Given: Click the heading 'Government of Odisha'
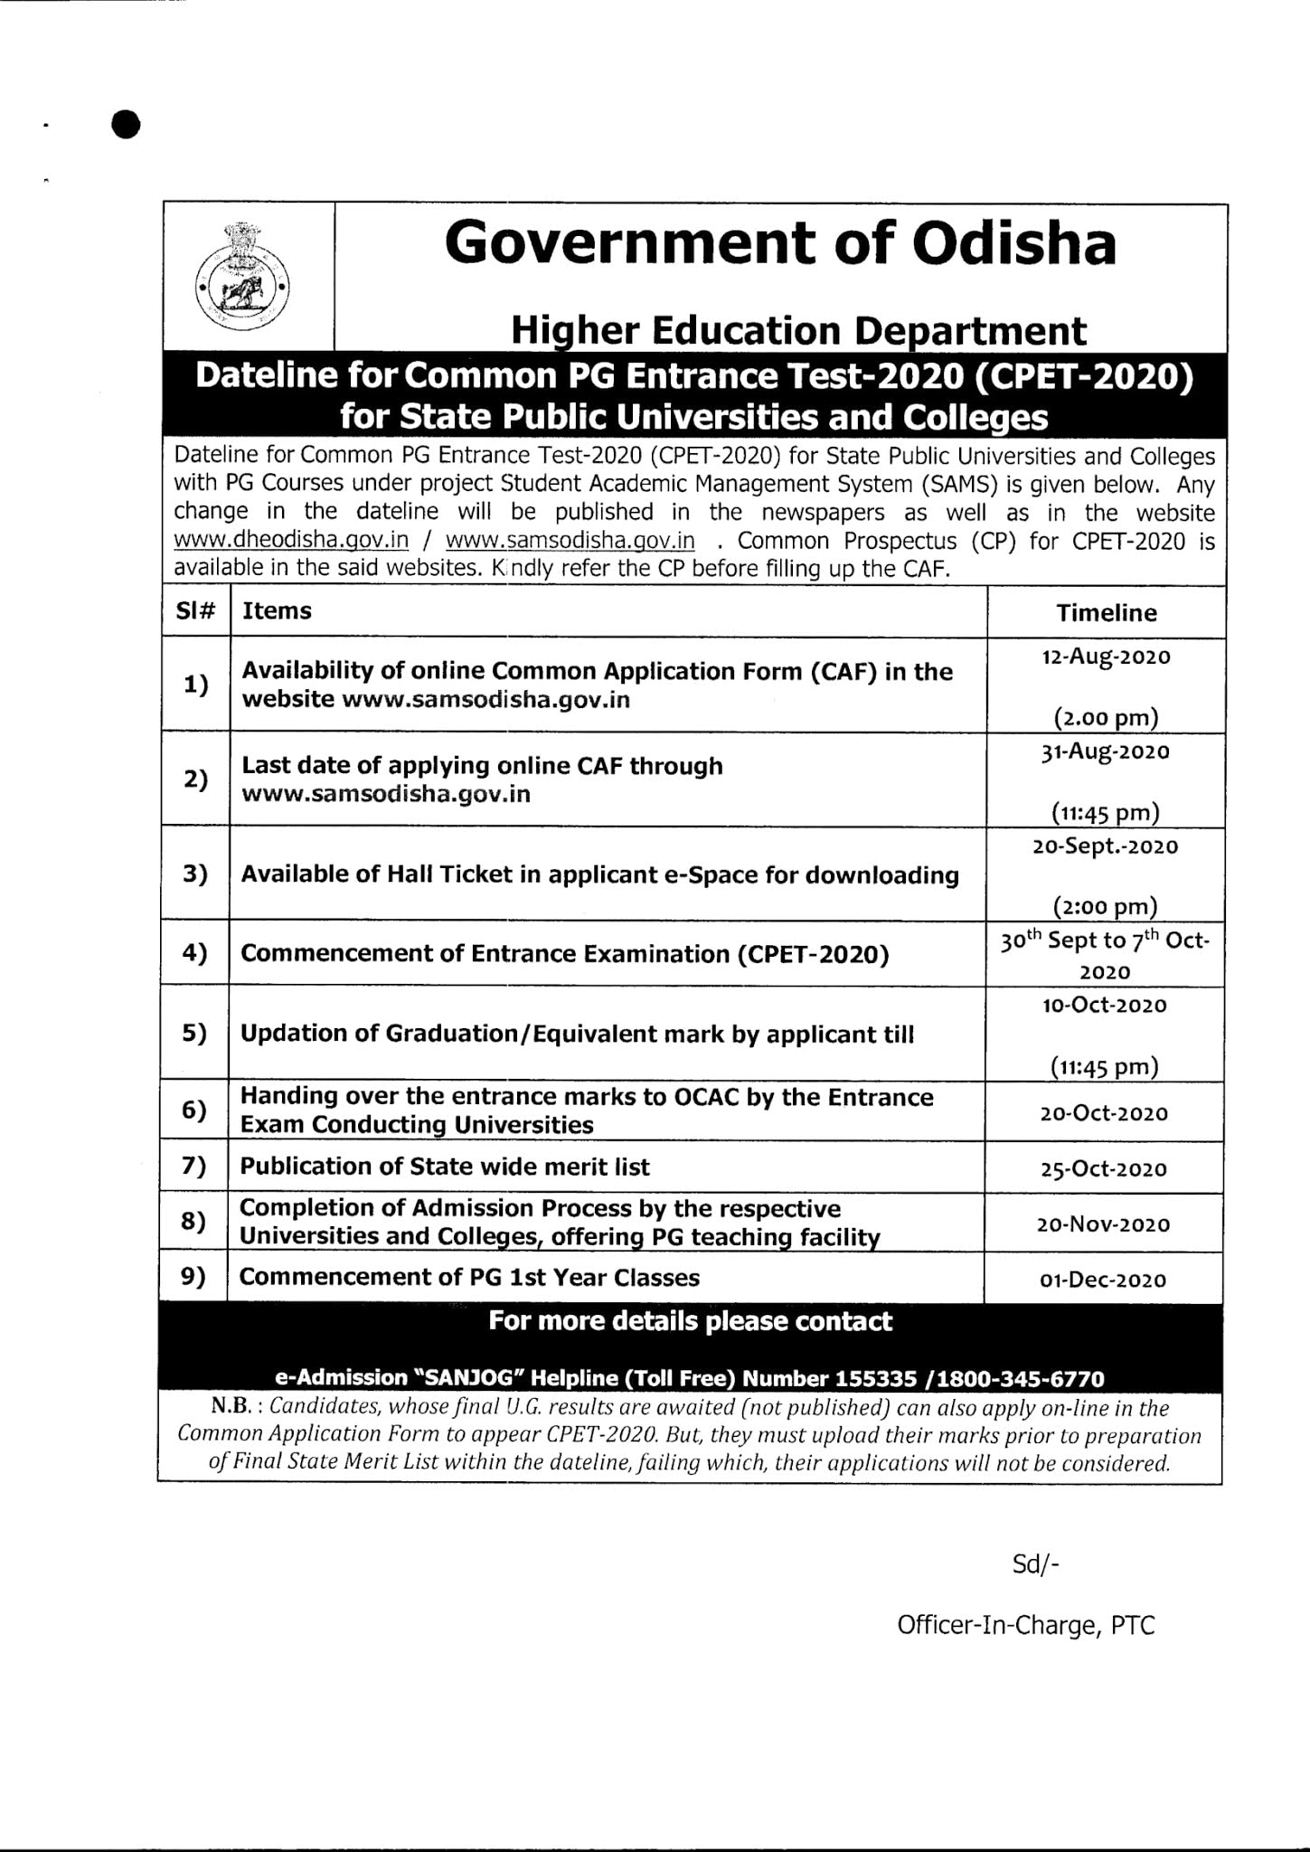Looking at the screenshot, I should point(780,243).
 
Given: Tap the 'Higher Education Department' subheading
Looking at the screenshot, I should point(798,331).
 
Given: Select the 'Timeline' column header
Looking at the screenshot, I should point(1106,613).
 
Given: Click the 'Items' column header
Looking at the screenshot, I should point(277,611).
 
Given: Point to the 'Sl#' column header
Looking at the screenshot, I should point(195,611).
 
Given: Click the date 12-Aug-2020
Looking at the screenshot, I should point(1106,657).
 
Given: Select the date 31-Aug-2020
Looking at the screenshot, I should point(1106,752).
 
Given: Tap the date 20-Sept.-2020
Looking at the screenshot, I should point(1106,846).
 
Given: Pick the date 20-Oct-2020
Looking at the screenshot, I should point(1104,1114).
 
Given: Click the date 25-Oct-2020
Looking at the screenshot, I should point(1104,1169).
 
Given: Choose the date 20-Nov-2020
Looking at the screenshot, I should point(1104,1224).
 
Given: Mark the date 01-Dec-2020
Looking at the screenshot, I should point(1104,1280).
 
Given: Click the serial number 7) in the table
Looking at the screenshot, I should point(193,1167).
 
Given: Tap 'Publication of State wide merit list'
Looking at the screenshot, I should point(445,1167).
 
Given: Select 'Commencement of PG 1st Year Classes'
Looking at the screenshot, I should point(469,1277).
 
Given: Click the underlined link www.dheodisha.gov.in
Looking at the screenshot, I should point(291,541).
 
